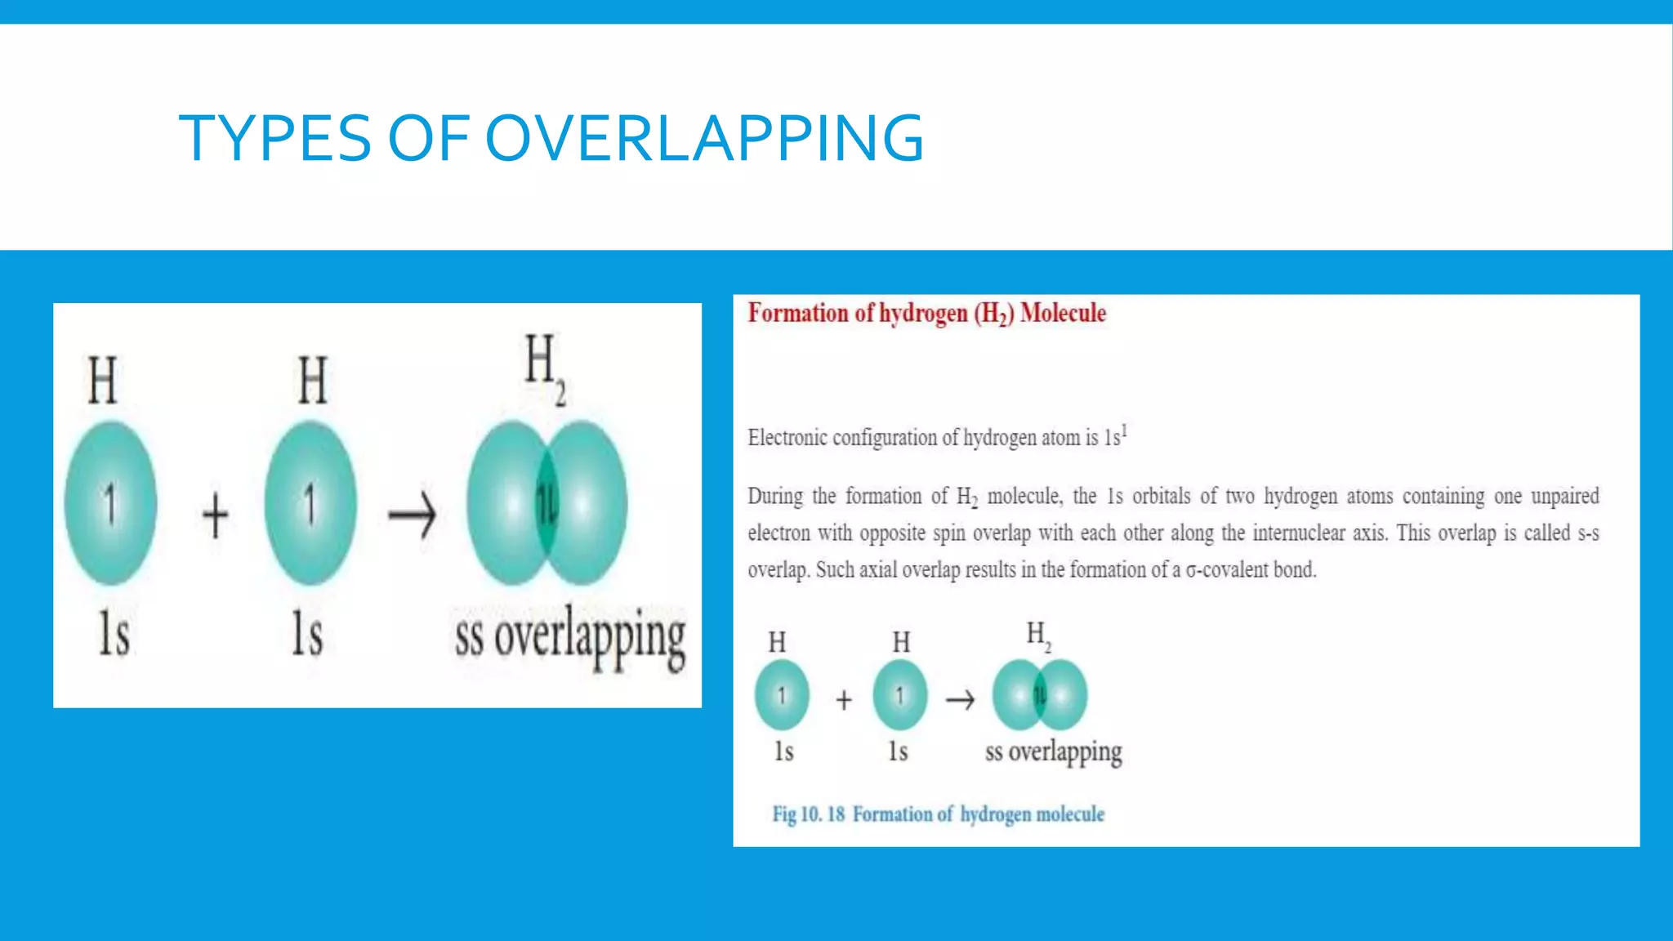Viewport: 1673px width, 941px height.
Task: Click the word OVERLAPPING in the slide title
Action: coord(704,138)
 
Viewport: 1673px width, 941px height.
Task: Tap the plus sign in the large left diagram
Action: coord(215,515)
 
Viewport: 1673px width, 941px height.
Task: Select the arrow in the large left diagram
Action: coord(412,515)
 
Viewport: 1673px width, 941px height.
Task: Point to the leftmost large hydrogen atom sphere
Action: coord(111,502)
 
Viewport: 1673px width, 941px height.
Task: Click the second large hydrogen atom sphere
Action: coord(310,502)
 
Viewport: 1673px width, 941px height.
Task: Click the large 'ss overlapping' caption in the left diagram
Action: coord(570,638)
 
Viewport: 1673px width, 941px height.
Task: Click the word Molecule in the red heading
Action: coord(1063,313)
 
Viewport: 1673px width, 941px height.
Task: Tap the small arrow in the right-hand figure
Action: coord(960,699)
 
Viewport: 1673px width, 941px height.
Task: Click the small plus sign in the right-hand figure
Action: coord(844,699)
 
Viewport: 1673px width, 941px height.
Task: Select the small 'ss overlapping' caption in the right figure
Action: coord(1053,752)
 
